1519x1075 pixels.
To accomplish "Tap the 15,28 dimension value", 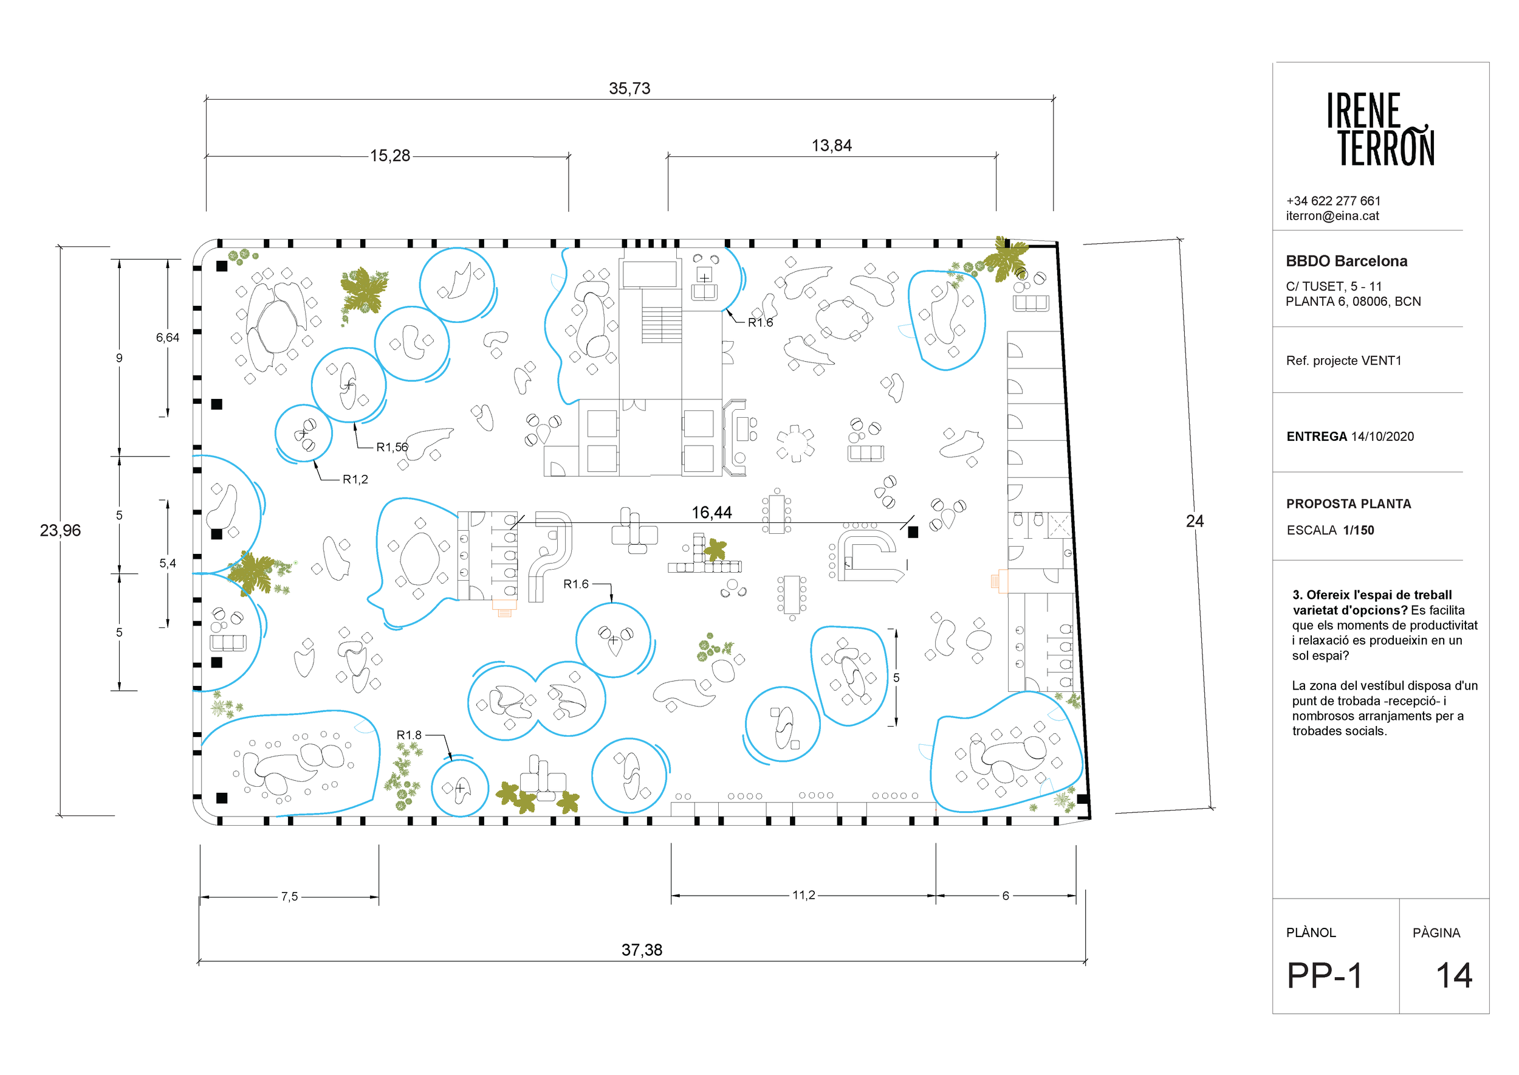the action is (x=389, y=156).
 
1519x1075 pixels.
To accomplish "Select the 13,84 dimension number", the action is (x=832, y=146).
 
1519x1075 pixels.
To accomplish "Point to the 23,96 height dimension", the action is (x=60, y=530).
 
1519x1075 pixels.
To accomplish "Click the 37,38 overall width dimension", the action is (x=642, y=950).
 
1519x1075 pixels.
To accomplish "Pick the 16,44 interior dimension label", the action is (x=712, y=513).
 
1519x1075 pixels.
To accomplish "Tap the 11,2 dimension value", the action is (x=804, y=895).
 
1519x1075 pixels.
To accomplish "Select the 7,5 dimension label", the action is (x=289, y=896).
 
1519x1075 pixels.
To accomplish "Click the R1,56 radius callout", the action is (x=393, y=447).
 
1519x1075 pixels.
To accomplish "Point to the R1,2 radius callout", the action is (x=355, y=479).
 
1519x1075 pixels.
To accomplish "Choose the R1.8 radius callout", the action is (x=409, y=735).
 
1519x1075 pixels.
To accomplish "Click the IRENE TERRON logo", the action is (x=1380, y=129).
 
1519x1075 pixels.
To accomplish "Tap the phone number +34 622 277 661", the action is (x=1333, y=201).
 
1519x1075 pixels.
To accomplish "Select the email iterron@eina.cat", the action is (x=1332, y=216).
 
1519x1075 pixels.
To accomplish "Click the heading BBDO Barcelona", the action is (x=1346, y=261).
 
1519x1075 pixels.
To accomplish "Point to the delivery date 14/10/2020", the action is (x=1382, y=436).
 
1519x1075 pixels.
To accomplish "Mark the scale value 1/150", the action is (x=1358, y=530).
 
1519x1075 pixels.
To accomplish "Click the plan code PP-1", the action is (x=1325, y=975).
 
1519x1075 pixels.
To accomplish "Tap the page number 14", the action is (x=1454, y=975).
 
